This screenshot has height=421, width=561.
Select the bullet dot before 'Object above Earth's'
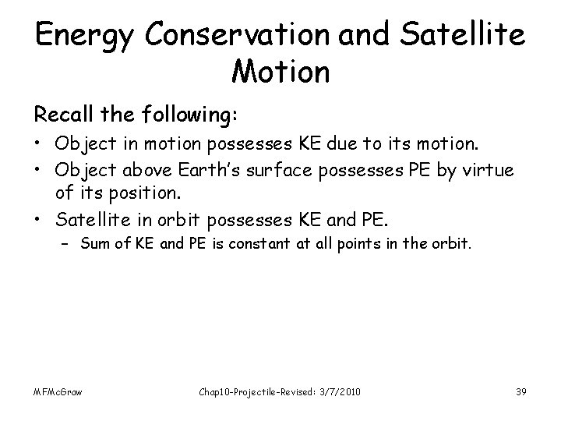click(x=38, y=171)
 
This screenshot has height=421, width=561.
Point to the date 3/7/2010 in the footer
click(x=341, y=391)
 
